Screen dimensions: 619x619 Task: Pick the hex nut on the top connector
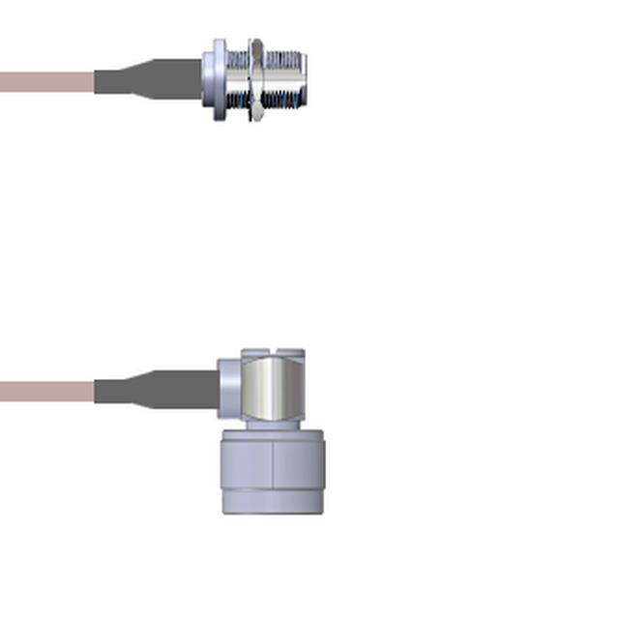tap(255, 80)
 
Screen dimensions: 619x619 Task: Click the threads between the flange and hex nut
tap(237, 80)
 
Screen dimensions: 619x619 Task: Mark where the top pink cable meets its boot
tap(95, 81)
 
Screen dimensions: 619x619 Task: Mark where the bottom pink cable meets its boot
tap(95, 391)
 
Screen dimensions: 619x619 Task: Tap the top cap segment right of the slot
tap(292, 354)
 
